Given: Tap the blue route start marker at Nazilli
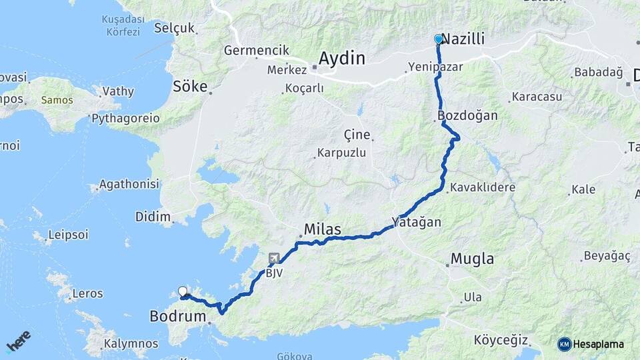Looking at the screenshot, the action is pyautogui.click(x=439, y=39).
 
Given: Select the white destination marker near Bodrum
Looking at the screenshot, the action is pyautogui.click(x=183, y=291).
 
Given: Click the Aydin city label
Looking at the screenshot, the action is pyautogui.click(x=341, y=59).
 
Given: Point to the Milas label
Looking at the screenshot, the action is pyautogui.click(x=322, y=229).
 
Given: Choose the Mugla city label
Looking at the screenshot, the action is pyautogui.click(x=472, y=259).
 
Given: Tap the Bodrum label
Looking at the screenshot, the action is pyautogui.click(x=177, y=316).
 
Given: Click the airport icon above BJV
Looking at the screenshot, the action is pyautogui.click(x=274, y=258).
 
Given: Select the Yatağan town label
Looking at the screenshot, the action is pyautogui.click(x=417, y=222).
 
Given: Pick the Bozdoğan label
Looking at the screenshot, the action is pyautogui.click(x=469, y=115).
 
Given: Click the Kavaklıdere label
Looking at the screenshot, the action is pyautogui.click(x=482, y=187).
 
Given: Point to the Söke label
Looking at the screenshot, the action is pyautogui.click(x=190, y=87).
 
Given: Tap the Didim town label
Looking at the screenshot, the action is pyautogui.click(x=153, y=216).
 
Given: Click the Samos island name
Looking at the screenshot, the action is pyautogui.click(x=57, y=100).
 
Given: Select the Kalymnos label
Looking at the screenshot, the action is pyautogui.click(x=131, y=344).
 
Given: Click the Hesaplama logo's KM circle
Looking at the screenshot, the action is pyautogui.click(x=564, y=344).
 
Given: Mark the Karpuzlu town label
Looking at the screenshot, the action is pyautogui.click(x=341, y=153).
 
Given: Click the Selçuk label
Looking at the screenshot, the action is pyautogui.click(x=174, y=28).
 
